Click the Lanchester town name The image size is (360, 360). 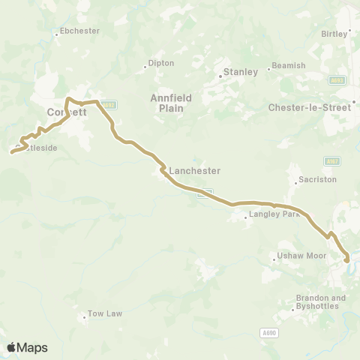coord(195,171)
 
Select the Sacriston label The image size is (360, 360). coord(317,180)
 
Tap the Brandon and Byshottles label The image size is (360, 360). coord(320,302)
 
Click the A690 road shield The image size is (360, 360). coord(270,331)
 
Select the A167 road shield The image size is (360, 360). coord(331,160)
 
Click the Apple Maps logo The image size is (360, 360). coord(27,347)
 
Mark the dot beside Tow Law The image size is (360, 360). coord(84,317)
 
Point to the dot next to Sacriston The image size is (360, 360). coord(296,180)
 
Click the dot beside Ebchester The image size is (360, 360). coord(58,33)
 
